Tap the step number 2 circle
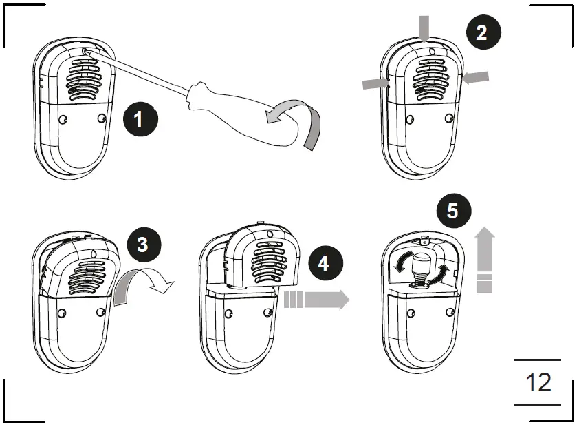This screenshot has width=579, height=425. coord(482,32)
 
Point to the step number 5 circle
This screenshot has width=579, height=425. coord(452,210)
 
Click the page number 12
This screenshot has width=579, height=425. coord(538,382)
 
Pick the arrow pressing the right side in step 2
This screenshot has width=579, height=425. coord(476,77)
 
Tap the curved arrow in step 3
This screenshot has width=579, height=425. coord(141,284)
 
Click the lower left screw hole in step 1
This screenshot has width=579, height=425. coord(63,119)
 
